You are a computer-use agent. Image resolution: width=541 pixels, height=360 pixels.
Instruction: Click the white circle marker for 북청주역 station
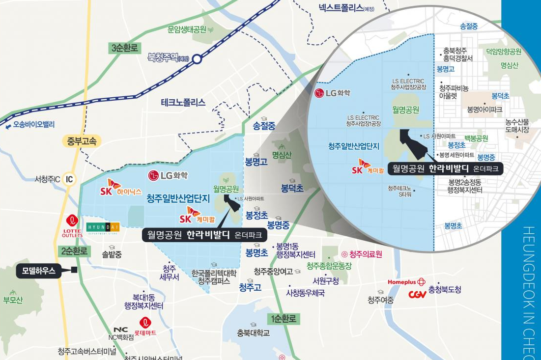[197, 59]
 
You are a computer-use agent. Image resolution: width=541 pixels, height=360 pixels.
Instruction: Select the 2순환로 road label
[76, 251]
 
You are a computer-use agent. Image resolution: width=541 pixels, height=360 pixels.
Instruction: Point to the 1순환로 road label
[284, 318]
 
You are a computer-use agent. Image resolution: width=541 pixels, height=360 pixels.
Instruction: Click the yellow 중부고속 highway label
[82, 141]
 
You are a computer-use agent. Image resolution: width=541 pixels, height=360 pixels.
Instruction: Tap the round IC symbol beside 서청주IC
[69, 179]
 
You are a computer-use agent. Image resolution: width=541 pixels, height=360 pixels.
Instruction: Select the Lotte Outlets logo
[72, 227]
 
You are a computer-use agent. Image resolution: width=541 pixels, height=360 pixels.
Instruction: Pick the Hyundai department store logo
[103, 228]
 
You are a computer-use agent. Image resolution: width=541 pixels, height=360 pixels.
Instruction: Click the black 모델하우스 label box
[39, 270]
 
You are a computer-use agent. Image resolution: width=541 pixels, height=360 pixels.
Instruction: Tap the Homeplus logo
[406, 282]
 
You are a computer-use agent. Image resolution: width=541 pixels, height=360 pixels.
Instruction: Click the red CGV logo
[417, 295]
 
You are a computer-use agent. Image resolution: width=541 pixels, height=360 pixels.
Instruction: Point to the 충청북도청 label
[445, 290]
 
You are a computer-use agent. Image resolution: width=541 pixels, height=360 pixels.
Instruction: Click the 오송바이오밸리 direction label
[30, 125]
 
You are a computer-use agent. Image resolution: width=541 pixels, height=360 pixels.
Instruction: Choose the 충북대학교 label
[253, 333]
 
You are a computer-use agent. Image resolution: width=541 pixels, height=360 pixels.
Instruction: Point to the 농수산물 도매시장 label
[517, 126]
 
